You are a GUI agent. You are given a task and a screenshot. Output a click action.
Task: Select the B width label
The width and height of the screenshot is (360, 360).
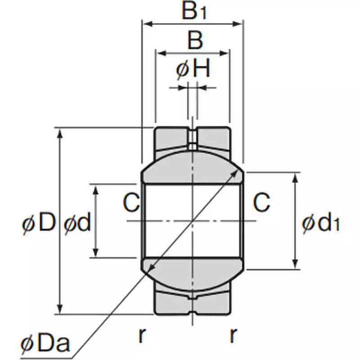tap(194, 40)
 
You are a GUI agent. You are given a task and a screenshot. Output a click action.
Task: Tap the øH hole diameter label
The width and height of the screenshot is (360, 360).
tap(193, 70)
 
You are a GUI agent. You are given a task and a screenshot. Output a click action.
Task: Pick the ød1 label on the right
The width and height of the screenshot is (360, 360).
tap(319, 223)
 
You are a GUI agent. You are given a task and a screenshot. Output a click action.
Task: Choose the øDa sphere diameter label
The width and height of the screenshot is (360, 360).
tap(45, 344)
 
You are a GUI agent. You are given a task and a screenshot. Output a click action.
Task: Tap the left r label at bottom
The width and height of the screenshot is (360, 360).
tap(142, 335)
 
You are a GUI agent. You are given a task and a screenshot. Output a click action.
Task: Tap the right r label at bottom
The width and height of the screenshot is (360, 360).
tap(233, 335)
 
